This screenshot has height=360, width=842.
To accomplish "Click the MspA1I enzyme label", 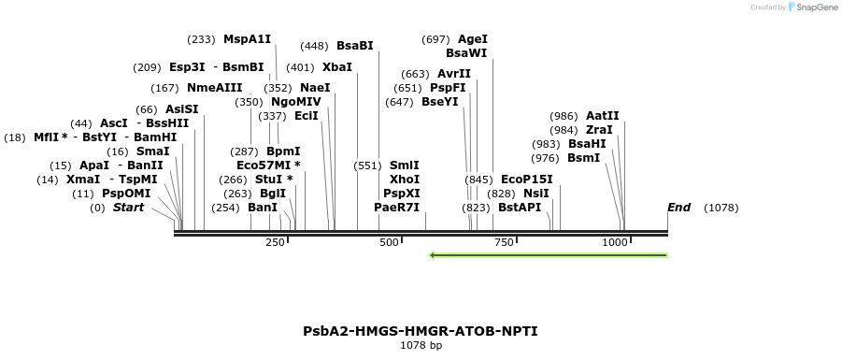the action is coord(247,39).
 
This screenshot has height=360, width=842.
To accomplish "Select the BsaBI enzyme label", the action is coord(354,46).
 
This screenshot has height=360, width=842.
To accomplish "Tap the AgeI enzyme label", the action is coord(473,39).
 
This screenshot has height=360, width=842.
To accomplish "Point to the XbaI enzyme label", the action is coord(337,67).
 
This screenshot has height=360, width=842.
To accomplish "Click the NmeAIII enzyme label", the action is coord(214,88).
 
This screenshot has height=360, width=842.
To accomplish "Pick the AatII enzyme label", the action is coord(602,116).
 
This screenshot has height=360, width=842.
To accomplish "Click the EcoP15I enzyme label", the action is coord(527,180).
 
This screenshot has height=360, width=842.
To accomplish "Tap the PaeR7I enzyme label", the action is coord(396,208).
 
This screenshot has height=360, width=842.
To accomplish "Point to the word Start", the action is coord(129,208).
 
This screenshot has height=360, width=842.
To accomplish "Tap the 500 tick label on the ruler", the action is coord(389,242).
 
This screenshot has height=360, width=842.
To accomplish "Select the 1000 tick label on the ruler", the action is coord(615,242).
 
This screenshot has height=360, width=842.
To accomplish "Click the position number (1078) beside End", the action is coord(721,208).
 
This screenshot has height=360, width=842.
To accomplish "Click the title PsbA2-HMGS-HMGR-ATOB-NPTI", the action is coord(421,331).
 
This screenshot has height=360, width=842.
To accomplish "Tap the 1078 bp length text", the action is coord(421,346).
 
